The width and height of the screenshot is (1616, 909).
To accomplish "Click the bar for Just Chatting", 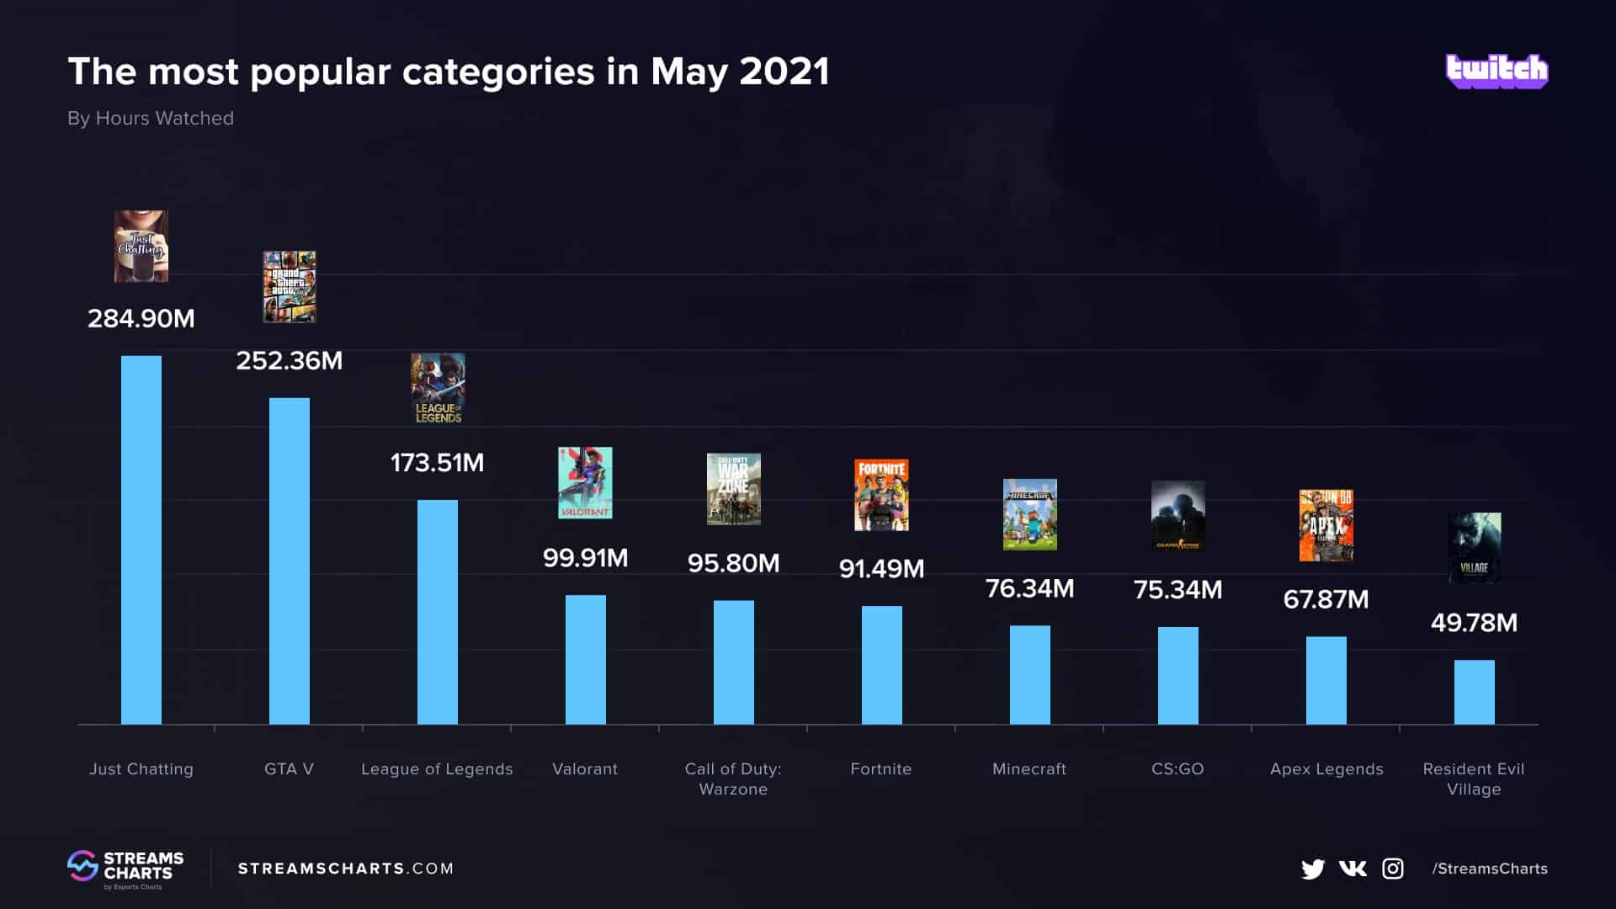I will click(141, 540).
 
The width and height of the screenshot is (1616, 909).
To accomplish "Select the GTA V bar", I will click(290, 561).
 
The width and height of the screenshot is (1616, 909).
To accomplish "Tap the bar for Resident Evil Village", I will click(1474, 692).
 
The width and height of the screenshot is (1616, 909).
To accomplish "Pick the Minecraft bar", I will click(1029, 674).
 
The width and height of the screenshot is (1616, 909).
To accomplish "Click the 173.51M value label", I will click(437, 463).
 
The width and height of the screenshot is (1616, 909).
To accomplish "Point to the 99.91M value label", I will click(585, 558).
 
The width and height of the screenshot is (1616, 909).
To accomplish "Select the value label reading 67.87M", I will click(1326, 599).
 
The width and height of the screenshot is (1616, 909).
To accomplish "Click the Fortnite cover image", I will click(881, 495).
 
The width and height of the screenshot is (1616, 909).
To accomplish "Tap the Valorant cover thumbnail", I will click(585, 482).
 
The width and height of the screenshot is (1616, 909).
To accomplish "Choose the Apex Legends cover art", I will click(1326, 525).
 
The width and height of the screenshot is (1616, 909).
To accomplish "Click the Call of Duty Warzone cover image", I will click(733, 489).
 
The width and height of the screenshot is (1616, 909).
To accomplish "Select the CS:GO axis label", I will click(1177, 768).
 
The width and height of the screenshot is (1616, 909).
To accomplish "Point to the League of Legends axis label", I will click(437, 768).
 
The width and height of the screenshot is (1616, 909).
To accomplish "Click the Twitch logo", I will click(1496, 71).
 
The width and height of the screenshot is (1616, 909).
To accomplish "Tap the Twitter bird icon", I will click(1312, 869).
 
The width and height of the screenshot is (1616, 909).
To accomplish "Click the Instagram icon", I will click(1393, 869).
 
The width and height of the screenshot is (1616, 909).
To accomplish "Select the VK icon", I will click(1353, 869).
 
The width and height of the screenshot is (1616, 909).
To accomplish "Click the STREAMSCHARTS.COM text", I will click(346, 869).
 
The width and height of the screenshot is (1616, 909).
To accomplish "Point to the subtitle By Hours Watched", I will click(151, 119).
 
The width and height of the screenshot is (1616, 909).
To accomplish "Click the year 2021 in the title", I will click(784, 72).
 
